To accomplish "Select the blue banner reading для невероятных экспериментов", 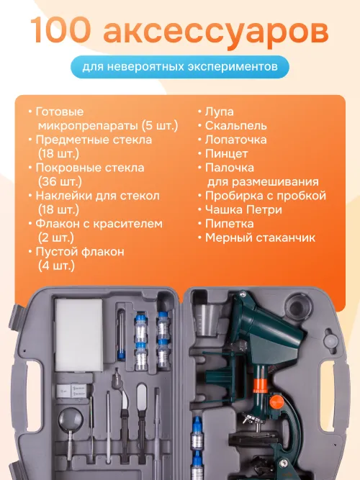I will (180, 66).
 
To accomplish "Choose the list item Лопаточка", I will (235, 139).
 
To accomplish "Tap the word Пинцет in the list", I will (227, 153).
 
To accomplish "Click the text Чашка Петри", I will (243, 209).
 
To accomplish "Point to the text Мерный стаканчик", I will (260, 237).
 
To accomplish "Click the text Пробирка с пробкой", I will (265, 195).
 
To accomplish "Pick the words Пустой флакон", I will (80, 252).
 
